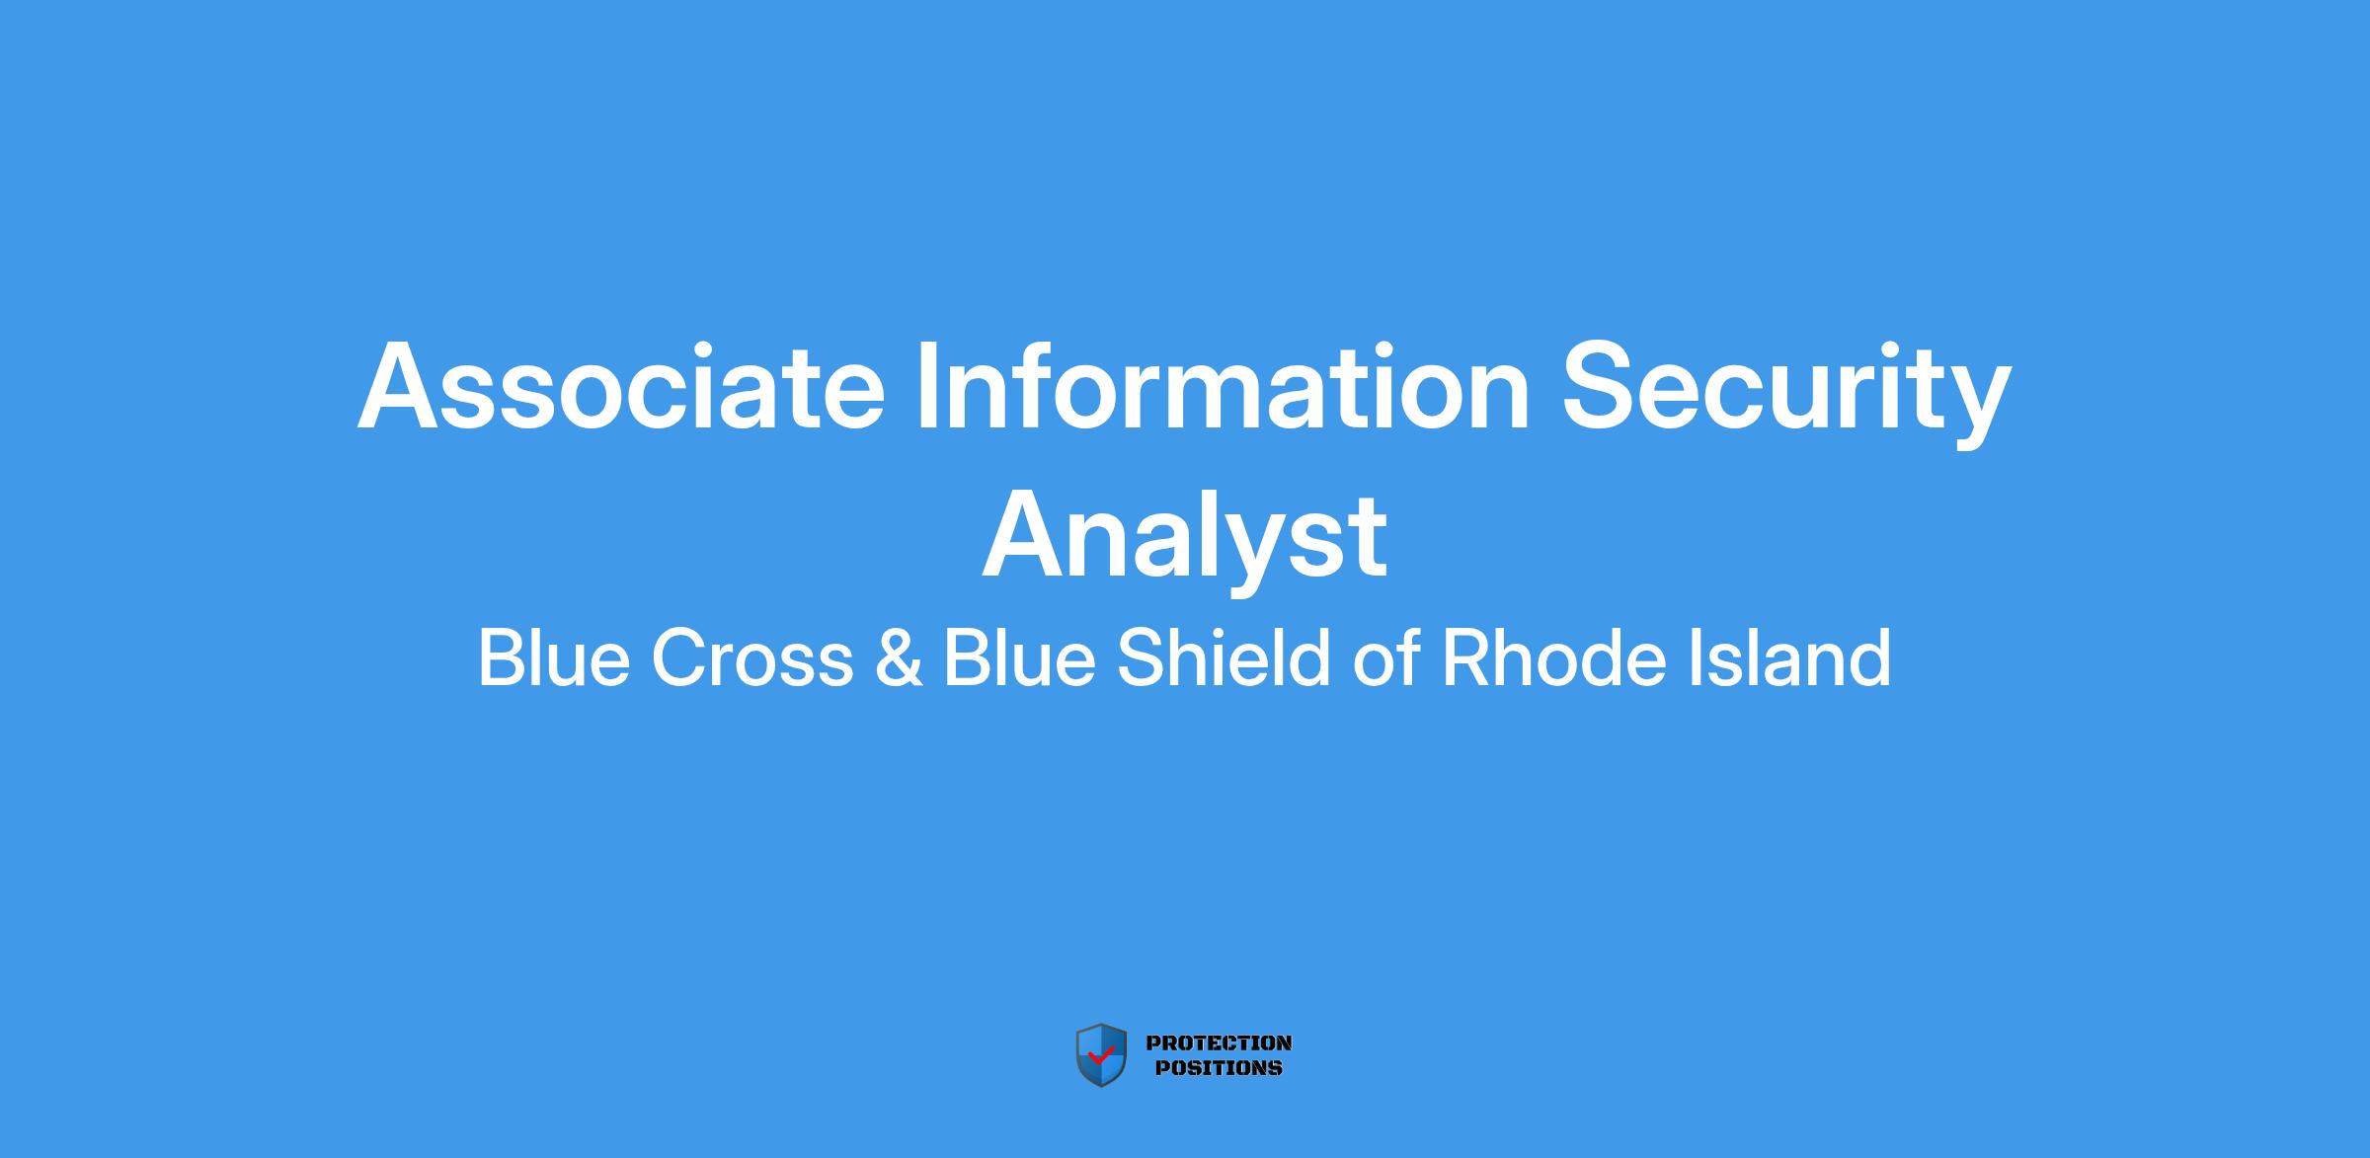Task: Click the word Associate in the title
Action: pyautogui.click(x=621, y=387)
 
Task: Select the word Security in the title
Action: pyautogui.click(x=1786, y=394)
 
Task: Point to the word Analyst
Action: pyautogui.click(x=1184, y=542)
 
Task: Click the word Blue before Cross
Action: pyautogui.click(x=554, y=657)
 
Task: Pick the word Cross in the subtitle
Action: pyautogui.click(x=752, y=658)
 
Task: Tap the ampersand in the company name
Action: pyautogui.click(x=898, y=658)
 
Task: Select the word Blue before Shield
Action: pyautogui.click(x=1019, y=657)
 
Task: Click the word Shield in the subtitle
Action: pyautogui.click(x=1224, y=657)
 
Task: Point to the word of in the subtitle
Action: pyautogui.click(x=1386, y=657)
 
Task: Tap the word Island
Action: pyautogui.click(x=1788, y=657)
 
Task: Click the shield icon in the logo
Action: pyautogui.click(x=1101, y=1055)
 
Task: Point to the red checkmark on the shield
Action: pyautogui.click(x=1100, y=1055)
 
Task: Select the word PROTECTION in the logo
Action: pyautogui.click(x=1219, y=1042)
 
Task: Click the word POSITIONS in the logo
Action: pyautogui.click(x=1219, y=1067)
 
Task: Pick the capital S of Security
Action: pyautogui.click(x=1601, y=386)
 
